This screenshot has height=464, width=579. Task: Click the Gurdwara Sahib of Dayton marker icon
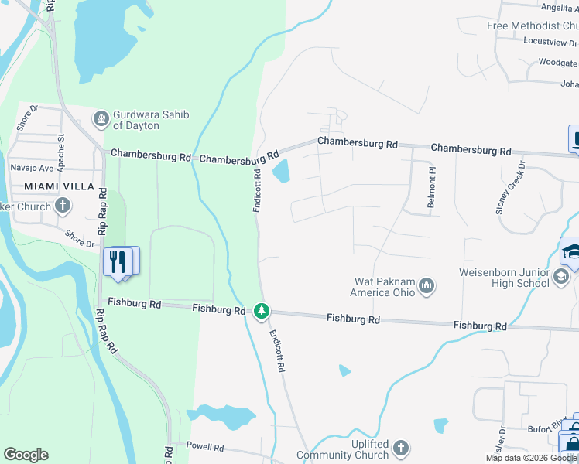(x=100, y=119)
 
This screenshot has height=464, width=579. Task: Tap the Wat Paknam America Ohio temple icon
(x=426, y=287)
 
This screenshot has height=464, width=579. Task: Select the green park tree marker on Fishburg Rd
(x=262, y=311)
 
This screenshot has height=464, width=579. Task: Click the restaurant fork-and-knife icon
(x=118, y=261)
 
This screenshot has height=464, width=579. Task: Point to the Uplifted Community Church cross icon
(x=400, y=448)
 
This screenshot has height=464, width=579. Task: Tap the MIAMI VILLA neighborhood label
(x=59, y=186)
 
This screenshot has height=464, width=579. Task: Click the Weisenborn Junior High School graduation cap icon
(x=562, y=278)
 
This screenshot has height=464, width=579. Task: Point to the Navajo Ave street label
(x=32, y=168)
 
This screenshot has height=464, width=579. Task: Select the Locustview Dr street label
(x=550, y=41)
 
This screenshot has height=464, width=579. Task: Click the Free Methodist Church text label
(x=532, y=26)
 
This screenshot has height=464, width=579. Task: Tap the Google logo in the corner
(x=26, y=455)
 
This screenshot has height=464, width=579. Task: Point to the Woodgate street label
(x=557, y=63)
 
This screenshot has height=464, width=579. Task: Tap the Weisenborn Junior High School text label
(x=504, y=278)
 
